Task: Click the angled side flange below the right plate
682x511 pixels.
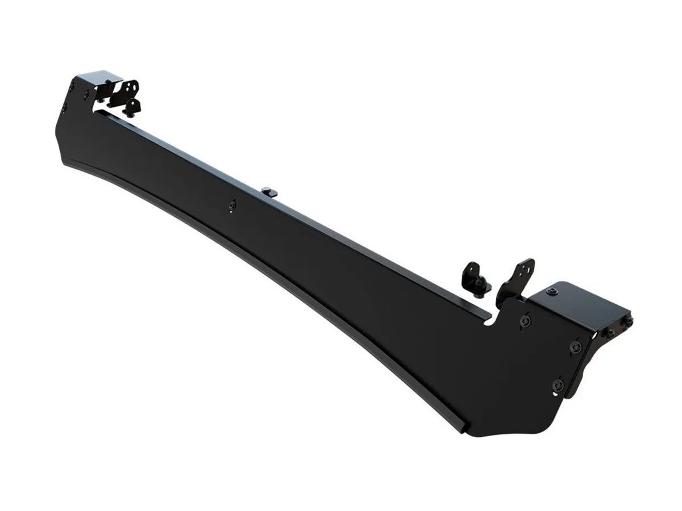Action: pyautogui.click(x=587, y=363)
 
